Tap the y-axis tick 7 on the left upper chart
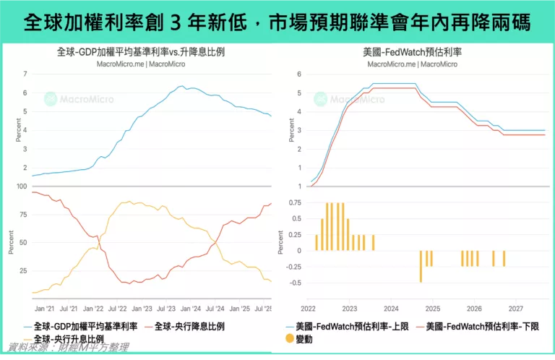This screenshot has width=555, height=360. click(25, 74)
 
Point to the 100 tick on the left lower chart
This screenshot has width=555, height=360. click(21, 186)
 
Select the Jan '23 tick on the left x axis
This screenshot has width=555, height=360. click(142, 307)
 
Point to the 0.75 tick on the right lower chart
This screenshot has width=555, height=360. click(295, 202)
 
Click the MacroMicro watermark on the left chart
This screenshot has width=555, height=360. click(75, 99)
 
